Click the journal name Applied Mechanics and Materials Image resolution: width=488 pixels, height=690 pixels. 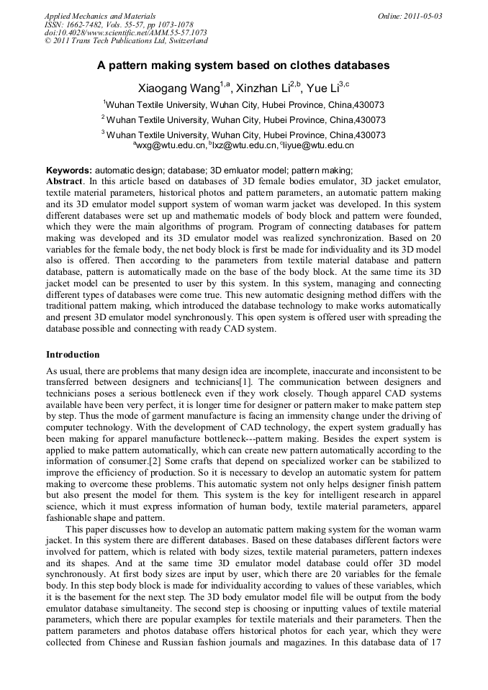pyautogui.click(x=100, y=16)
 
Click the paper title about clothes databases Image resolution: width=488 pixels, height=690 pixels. pyautogui.click(x=243, y=65)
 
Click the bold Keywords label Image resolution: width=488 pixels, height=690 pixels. pyautogui.click(x=68, y=171)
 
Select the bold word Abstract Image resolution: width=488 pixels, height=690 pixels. pyautogui.click(x=64, y=181)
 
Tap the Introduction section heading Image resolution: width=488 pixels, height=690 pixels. pyautogui.click(x=73, y=355)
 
